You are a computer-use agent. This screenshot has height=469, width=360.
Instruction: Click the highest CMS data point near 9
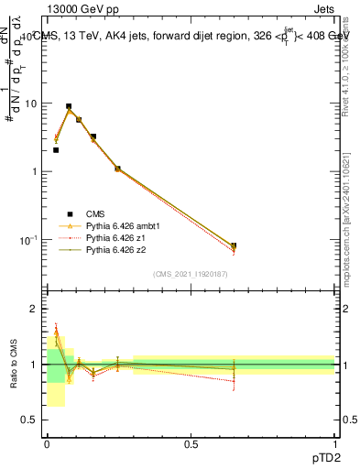click(69, 106)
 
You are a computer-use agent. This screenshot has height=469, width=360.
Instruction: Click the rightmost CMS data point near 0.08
click(234, 245)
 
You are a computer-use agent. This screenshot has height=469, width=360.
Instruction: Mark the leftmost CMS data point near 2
click(56, 149)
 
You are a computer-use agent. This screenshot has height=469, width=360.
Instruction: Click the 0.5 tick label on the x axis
click(191, 443)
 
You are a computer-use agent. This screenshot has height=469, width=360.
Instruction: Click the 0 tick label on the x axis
click(47, 443)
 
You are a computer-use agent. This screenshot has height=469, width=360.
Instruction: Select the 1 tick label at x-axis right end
click(334, 443)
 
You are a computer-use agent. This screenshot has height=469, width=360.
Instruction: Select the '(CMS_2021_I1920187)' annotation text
click(191, 274)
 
